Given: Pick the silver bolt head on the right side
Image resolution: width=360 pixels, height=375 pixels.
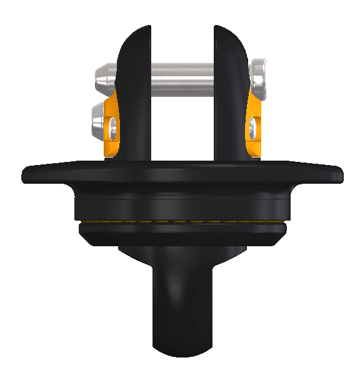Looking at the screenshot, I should tap(259, 78).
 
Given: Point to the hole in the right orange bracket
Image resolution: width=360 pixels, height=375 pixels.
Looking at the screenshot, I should tap(251, 129).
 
